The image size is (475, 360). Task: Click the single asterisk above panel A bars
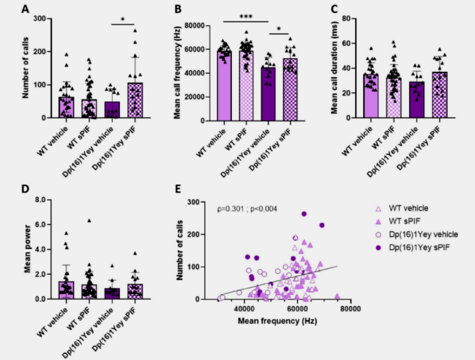coord(122,19)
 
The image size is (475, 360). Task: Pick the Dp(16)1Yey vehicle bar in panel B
coord(269,93)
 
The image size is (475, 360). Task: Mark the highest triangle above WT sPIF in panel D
coord(88,220)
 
